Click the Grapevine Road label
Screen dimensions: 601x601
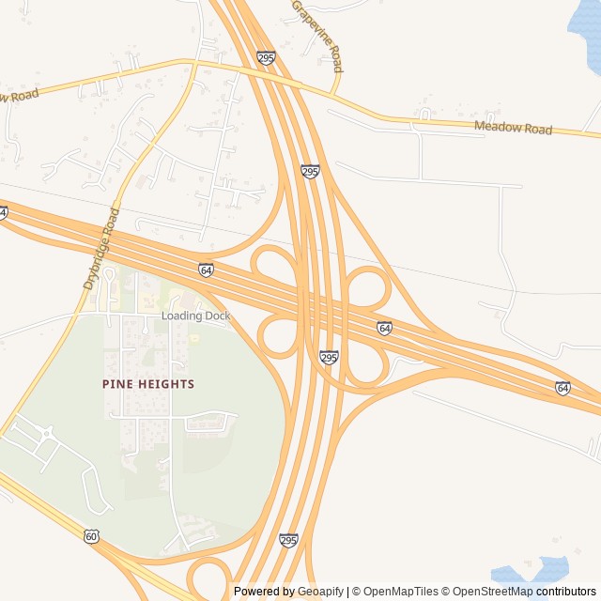317,36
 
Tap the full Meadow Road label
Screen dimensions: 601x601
513,128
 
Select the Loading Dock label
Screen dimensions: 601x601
195,316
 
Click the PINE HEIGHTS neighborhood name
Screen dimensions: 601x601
148,384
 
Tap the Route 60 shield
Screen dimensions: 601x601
90,536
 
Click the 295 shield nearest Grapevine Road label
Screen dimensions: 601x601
266,58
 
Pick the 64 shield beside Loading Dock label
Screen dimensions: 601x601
206,270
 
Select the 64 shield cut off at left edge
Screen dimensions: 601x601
3,213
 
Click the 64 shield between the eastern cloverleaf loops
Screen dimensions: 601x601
384,328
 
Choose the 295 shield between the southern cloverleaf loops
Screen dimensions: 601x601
329,358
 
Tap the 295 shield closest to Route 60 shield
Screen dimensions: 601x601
288,540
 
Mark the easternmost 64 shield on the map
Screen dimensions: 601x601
562,387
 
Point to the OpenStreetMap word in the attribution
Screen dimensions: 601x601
491,592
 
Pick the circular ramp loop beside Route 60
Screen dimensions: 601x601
208,578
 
